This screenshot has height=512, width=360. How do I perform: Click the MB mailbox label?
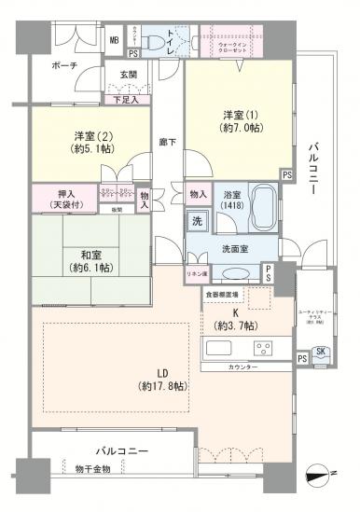[x=114, y=40]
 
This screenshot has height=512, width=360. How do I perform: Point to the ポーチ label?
[x=64, y=65]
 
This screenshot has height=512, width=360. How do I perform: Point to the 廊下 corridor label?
[x=169, y=142]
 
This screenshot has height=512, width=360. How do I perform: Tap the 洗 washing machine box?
[x=198, y=222]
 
